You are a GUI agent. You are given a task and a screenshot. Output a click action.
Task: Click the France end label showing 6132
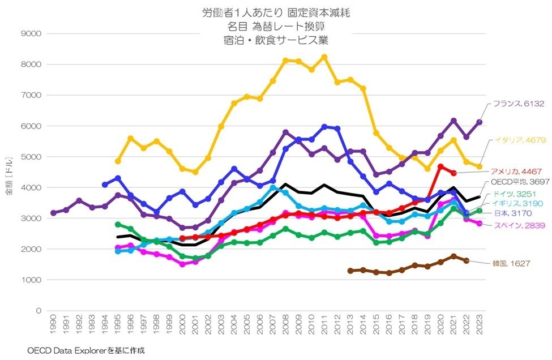[x=519, y=104]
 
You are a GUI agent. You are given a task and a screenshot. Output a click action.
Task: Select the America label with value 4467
[x=517, y=172]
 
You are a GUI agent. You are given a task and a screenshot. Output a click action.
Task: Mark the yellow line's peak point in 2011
[x=324, y=57]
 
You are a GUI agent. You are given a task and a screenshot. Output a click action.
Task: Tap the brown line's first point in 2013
[x=350, y=271]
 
